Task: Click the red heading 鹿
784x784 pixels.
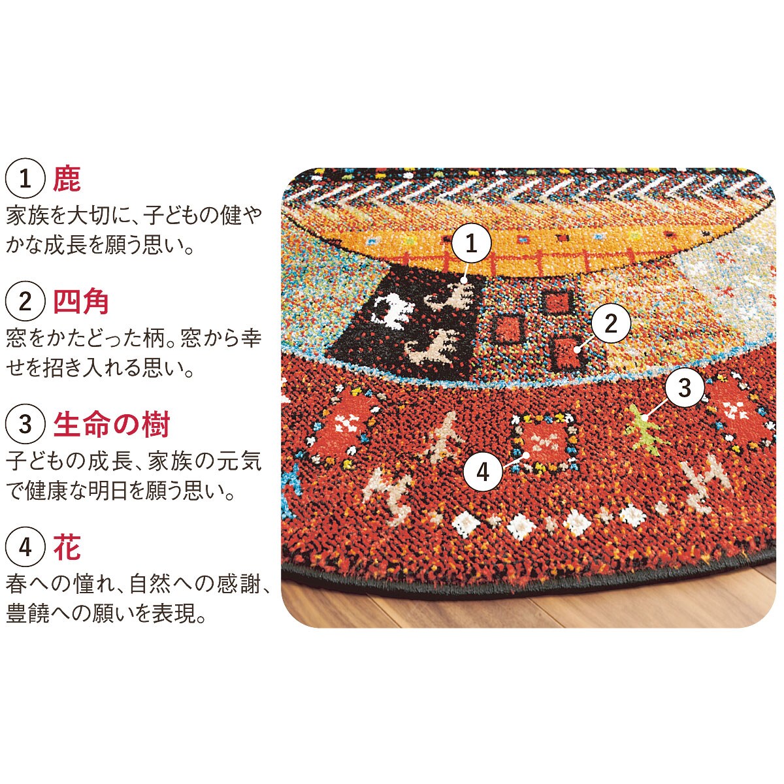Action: pos(67,179)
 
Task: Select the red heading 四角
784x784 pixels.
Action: pos(81,301)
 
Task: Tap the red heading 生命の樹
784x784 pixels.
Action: pos(111,424)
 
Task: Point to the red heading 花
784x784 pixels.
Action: pos(67,547)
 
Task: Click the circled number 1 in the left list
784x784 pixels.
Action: pos(25,179)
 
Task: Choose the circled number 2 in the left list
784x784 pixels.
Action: pos(25,301)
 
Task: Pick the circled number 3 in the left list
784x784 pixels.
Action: pos(25,425)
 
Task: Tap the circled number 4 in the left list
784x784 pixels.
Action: pos(25,547)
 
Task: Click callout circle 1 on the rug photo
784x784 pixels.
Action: pos(471,243)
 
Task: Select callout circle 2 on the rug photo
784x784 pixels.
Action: pos(611,323)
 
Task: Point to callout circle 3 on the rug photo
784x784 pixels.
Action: pos(685,387)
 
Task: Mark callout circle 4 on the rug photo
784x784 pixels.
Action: pos(483,472)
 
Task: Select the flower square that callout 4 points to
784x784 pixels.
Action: pos(544,444)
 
